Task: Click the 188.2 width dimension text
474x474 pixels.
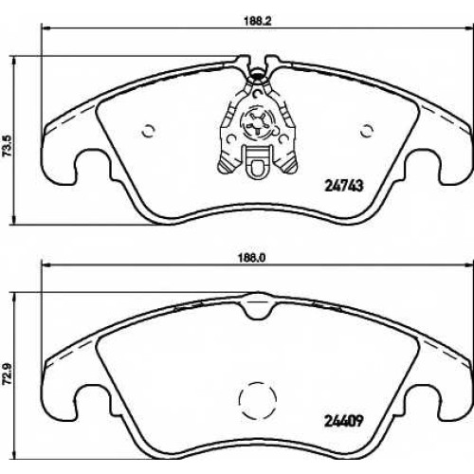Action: (x=258, y=21)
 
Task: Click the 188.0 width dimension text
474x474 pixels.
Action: (x=254, y=258)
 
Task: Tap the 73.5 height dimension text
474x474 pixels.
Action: (x=9, y=145)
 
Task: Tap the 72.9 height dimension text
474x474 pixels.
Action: (x=9, y=373)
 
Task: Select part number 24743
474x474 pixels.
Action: (x=344, y=186)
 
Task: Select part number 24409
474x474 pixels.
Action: (x=344, y=421)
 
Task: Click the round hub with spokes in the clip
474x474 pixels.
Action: (x=258, y=124)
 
